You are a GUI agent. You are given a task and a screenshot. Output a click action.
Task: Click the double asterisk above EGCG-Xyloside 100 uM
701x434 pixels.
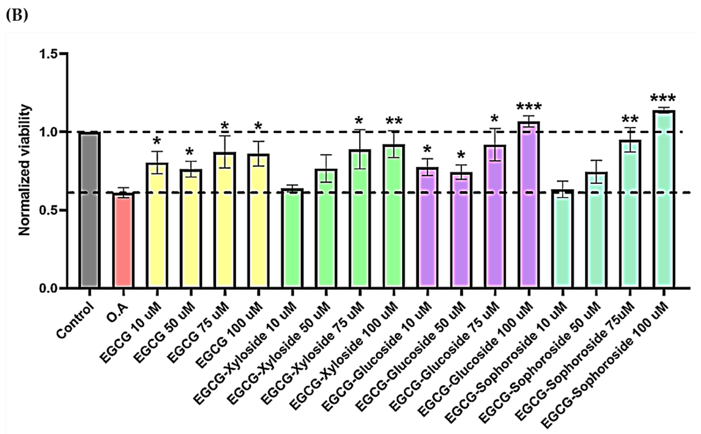pos(394,121)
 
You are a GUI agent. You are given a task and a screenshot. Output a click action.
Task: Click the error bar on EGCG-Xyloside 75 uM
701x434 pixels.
pos(360,149)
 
